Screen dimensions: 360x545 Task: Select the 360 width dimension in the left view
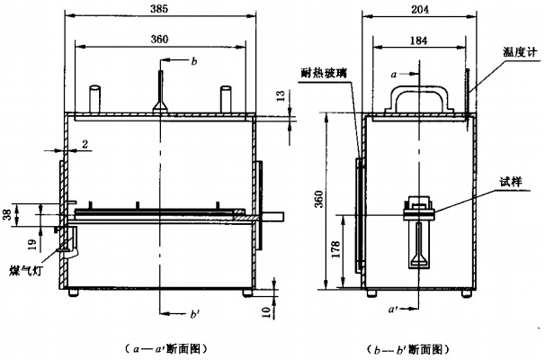[x=158, y=40]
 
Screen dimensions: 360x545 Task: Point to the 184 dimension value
[x=419, y=40]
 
